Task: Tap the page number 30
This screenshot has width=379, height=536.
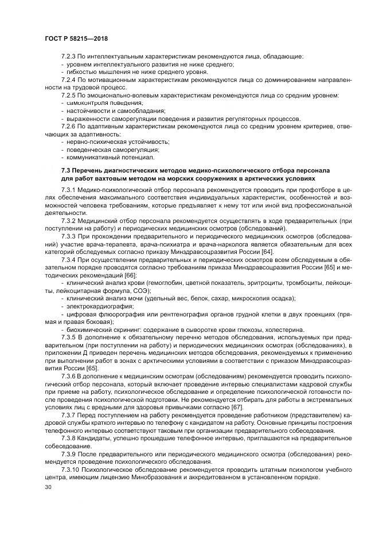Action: [48, 487]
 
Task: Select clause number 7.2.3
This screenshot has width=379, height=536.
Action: [69, 57]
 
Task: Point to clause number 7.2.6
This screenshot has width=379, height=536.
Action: [69, 125]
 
